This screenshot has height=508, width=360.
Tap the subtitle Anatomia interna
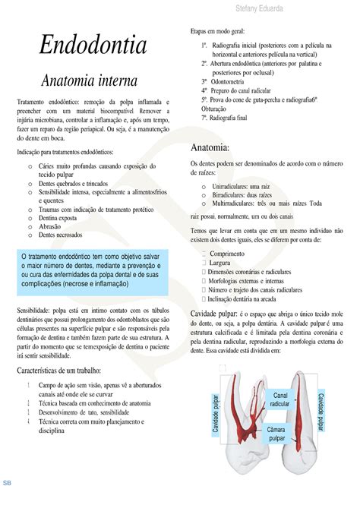click(x=89, y=79)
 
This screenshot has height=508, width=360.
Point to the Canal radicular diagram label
click(x=280, y=399)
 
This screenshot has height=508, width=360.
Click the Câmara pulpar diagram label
click(x=276, y=433)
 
